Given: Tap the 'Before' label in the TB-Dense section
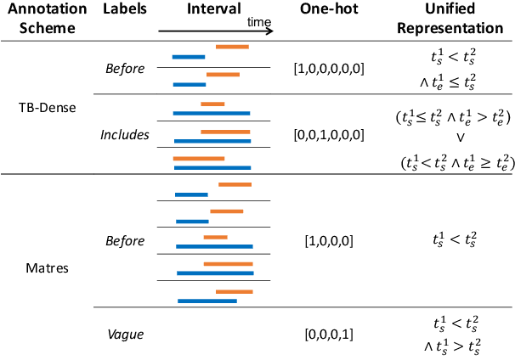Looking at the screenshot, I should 124,68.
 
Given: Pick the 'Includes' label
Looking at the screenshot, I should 124,134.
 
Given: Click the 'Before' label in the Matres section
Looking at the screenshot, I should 124,241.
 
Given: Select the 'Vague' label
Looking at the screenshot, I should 124,335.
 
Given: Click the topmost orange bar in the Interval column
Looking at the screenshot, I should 232,46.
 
